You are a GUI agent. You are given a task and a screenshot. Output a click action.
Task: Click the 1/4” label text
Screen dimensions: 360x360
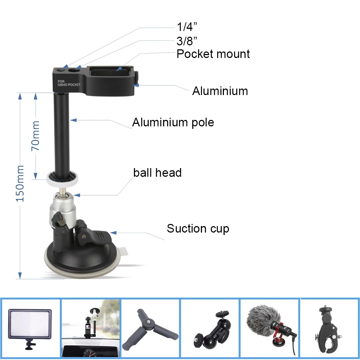tap(187, 27)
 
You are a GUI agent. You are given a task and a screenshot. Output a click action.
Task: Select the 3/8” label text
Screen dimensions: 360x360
tap(187, 40)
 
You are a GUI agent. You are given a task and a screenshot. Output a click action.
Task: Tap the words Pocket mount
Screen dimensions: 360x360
tap(213, 54)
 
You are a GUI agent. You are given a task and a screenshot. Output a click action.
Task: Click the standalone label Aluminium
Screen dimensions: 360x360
tap(220, 91)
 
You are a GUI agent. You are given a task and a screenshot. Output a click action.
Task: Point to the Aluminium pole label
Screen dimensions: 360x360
tap(173, 123)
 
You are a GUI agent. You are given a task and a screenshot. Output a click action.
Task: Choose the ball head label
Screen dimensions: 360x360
tap(157, 173)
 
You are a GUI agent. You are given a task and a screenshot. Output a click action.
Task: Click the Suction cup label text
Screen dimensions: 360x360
tap(198, 229)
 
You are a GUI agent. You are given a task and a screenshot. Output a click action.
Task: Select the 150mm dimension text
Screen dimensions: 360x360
tap(20, 184)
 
